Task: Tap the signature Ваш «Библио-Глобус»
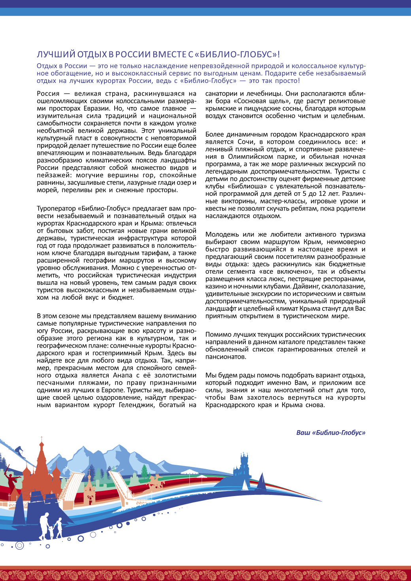point(331,432)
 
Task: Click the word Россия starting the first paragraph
point(48,94)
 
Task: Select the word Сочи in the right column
point(246,142)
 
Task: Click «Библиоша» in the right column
point(248,186)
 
